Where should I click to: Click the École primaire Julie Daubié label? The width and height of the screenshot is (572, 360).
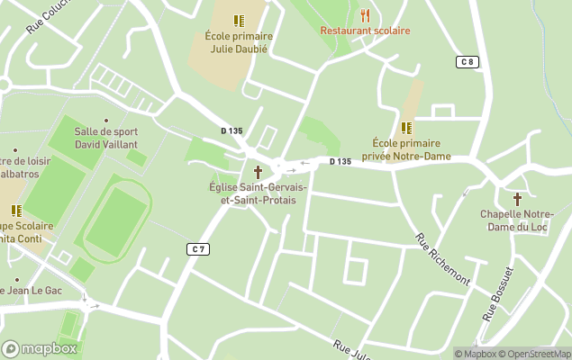[x=239, y=42]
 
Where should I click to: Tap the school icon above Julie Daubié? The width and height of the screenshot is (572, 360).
[x=239, y=20]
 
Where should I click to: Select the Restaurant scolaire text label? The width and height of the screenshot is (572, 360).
[x=365, y=31]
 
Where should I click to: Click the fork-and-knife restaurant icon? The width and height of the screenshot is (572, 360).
[x=365, y=14]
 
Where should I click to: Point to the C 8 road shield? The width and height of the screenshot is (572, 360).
[x=466, y=61]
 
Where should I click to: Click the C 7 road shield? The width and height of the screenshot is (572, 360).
[x=199, y=247]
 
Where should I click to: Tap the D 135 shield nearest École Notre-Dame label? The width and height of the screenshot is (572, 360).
[x=340, y=162]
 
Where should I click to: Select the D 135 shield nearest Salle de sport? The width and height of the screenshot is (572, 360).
[x=232, y=130]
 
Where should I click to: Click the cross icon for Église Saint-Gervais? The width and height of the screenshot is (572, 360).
[x=258, y=171]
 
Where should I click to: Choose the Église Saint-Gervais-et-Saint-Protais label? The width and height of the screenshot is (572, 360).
[x=258, y=193]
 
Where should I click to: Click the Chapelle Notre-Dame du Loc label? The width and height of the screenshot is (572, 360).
[x=517, y=220]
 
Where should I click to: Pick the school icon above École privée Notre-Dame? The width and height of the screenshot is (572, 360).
[x=406, y=127]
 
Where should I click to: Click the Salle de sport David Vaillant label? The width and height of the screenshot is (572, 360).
[x=105, y=138]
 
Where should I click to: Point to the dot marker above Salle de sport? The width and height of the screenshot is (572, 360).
[x=105, y=120]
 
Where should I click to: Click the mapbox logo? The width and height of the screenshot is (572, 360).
[x=38, y=348]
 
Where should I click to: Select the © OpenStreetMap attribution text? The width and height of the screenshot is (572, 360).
[x=535, y=354]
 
